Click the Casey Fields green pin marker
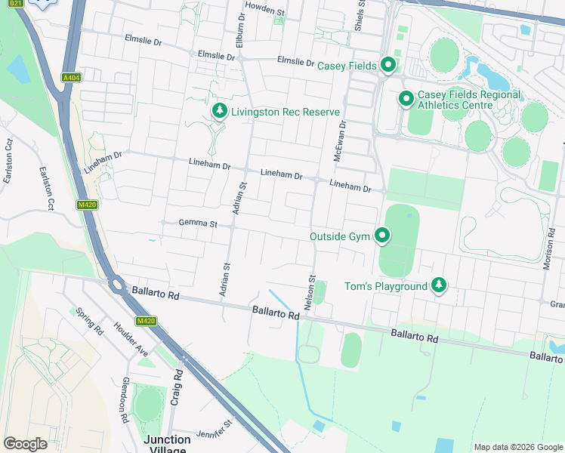tap(388, 66)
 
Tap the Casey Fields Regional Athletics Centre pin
tap(406, 99)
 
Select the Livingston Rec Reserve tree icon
tap(220, 112)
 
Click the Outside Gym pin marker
tap(382, 236)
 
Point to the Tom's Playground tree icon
tap(439, 286)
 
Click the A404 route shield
tap(72, 77)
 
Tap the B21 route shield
tap(17, 4)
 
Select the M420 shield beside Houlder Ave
tap(146, 322)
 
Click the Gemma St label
tap(198, 223)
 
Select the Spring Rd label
tap(89, 321)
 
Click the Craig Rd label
tap(177, 387)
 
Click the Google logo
tap(26, 444)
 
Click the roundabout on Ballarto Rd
tap(117, 285)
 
